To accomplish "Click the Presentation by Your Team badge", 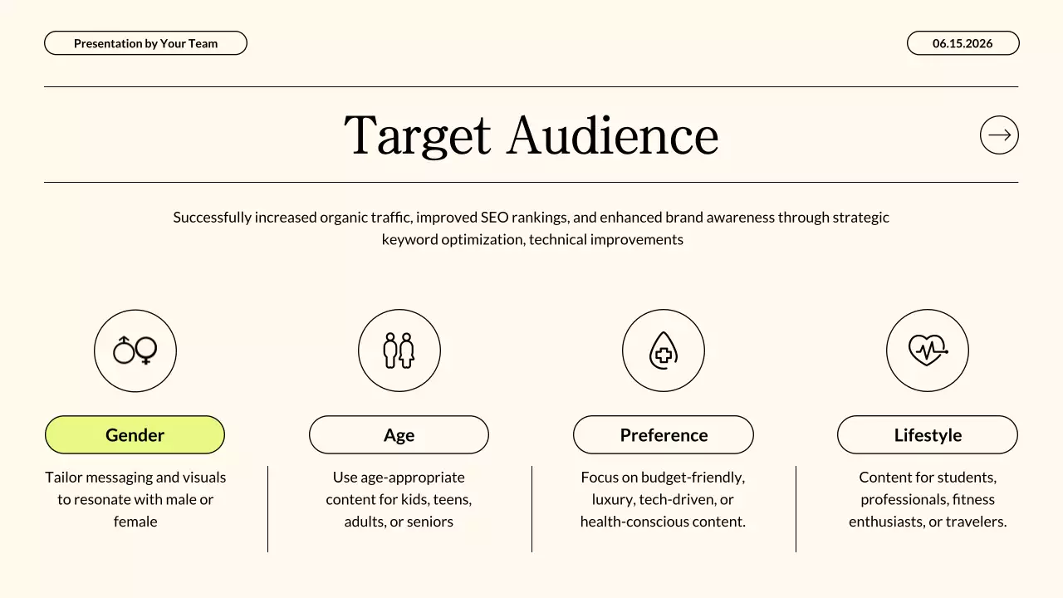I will [145, 43].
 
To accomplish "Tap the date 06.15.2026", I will [963, 43].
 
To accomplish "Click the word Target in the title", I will [417, 135].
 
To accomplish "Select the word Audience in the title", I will [613, 135].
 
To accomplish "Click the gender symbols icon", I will [135, 350].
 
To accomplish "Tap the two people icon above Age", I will [399, 350].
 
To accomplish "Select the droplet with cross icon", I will [663, 350].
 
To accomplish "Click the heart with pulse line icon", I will [927, 350].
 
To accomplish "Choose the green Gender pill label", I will [135, 435].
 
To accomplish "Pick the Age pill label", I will [399, 435].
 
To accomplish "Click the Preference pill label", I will [664, 435].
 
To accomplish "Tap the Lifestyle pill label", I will [928, 435].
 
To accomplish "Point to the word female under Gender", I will [135, 522].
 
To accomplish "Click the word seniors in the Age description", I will [430, 522].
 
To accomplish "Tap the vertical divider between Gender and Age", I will [267, 508].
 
